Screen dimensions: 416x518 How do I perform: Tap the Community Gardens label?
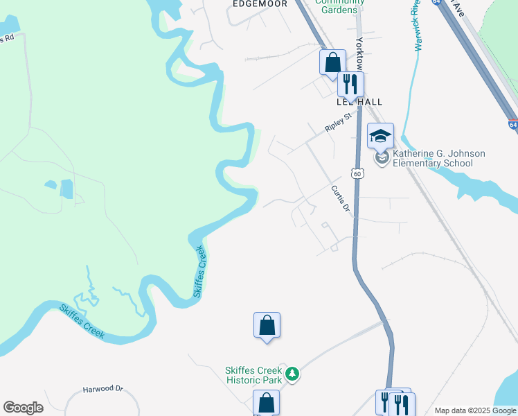[x=339, y=6]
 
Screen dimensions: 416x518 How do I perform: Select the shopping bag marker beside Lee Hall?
[x=332, y=62]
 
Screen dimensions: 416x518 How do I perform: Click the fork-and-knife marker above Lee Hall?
[x=350, y=85]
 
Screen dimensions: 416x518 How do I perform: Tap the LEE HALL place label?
[x=359, y=102]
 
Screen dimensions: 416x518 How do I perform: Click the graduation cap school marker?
[x=380, y=136]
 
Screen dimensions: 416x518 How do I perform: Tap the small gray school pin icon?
[x=381, y=158]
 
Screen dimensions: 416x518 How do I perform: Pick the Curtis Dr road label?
[x=340, y=200]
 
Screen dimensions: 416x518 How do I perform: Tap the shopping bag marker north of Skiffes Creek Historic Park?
[x=267, y=325]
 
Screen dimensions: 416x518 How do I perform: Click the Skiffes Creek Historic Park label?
[x=253, y=375]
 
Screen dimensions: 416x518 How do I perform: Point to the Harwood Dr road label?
[x=102, y=390]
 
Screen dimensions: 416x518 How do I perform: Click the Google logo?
[x=23, y=408]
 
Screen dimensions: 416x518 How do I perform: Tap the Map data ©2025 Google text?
[x=474, y=410]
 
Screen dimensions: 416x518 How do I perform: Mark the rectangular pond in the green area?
[x=66, y=188]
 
